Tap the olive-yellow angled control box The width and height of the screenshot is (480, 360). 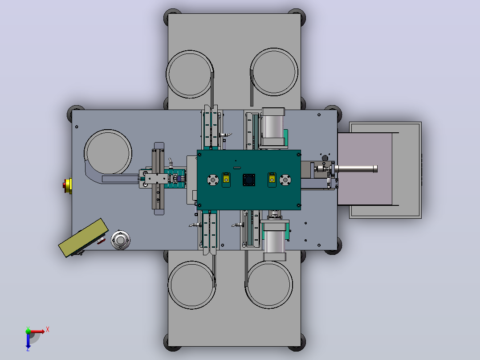coord(83,237)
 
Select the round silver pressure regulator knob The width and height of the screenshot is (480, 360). coord(120,240)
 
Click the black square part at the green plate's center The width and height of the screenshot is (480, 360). coord(249,180)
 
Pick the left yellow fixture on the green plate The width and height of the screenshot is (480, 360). coord(226,180)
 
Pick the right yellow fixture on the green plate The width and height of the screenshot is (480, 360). coord(272,180)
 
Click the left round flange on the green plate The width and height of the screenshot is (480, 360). coord(213,180)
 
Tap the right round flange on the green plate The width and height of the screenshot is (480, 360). coord(285,180)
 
